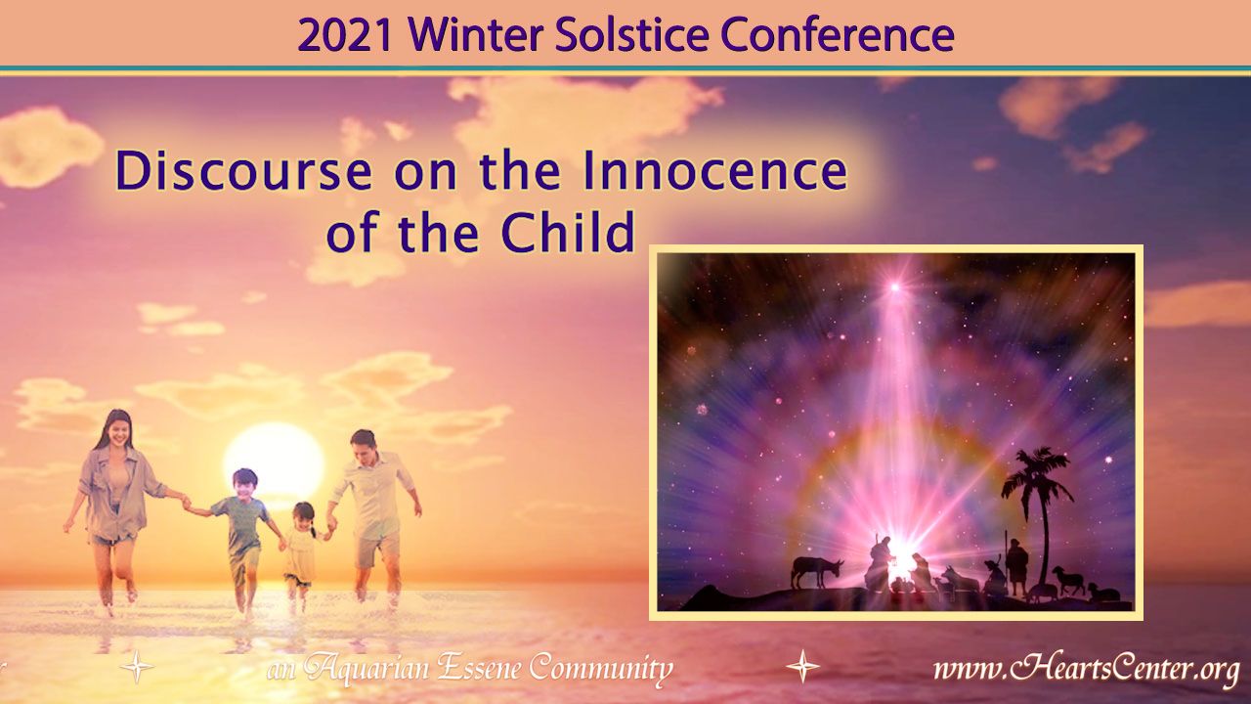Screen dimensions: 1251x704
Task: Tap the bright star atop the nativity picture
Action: (894, 287)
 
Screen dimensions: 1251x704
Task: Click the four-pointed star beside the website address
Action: (802, 666)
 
